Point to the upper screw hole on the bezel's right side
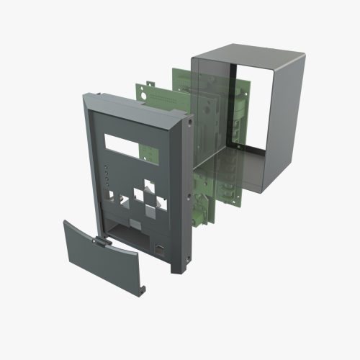(x=189, y=122)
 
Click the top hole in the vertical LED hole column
(x=107, y=166)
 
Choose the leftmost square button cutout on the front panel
(x=118, y=193)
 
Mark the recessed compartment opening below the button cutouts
(x=130, y=232)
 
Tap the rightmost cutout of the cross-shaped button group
(x=165, y=202)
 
